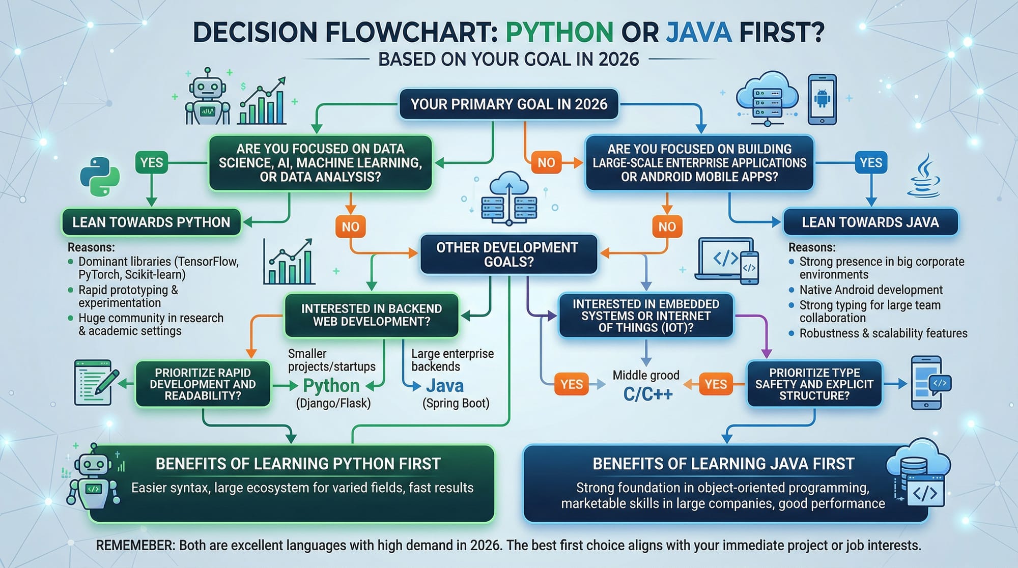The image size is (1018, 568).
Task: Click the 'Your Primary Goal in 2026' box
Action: tap(508, 104)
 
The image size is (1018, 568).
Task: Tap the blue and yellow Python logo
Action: tap(100, 177)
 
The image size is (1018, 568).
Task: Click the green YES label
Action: tap(152, 163)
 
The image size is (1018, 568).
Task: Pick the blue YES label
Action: tap(871, 163)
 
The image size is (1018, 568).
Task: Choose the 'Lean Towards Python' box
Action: tap(151, 222)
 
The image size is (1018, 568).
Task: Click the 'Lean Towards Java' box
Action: tap(870, 222)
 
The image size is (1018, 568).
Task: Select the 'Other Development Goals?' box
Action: tap(508, 254)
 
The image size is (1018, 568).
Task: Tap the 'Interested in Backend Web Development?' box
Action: tap(372, 315)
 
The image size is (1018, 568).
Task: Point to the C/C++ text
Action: tap(648, 393)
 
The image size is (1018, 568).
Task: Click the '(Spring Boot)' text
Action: tap(456, 404)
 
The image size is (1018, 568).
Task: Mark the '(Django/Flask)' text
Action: tap(333, 404)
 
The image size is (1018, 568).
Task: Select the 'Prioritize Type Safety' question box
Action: tap(814, 384)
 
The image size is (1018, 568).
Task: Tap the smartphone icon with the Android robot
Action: tap(822, 100)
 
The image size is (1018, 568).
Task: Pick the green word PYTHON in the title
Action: tap(559, 32)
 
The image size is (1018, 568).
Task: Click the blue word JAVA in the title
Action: tap(699, 32)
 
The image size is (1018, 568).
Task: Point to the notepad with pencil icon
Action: tap(95, 383)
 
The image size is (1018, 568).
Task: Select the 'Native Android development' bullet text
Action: tap(871, 290)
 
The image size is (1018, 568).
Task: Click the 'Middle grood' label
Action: tap(646, 376)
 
